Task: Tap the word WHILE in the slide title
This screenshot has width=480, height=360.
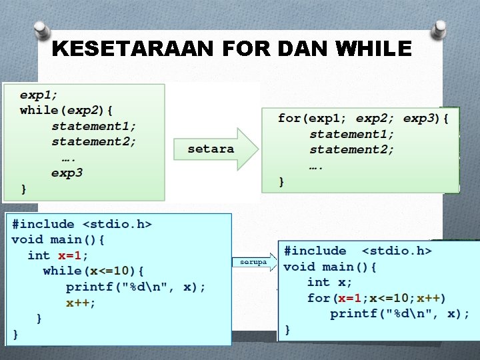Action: (375, 49)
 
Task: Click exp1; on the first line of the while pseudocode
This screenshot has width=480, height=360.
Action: (39, 94)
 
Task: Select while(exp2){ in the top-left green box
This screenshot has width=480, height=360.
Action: (66, 110)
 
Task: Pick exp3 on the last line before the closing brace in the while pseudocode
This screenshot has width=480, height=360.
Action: (67, 173)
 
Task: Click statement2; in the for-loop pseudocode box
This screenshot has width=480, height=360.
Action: (352, 150)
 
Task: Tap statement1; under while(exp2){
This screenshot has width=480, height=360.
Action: (94, 126)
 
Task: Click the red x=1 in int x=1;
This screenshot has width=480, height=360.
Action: (72, 255)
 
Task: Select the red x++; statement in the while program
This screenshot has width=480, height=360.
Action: (81, 303)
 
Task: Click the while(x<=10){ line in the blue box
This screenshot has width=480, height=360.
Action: (97, 271)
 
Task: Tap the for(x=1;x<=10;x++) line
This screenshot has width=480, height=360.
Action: (377, 298)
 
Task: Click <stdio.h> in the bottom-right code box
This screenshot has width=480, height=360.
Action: (397, 251)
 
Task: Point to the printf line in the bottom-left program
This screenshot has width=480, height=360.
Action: (135, 287)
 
